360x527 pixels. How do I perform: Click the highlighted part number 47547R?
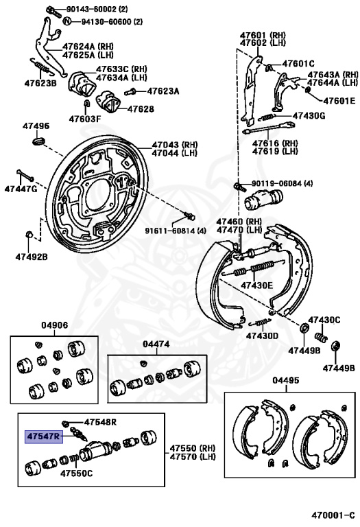pos(44,436)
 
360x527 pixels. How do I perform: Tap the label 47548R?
pos(100,422)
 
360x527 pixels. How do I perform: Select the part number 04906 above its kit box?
pos(54,325)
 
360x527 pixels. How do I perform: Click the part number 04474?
pos(156,344)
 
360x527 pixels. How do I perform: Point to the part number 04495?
pos(286,380)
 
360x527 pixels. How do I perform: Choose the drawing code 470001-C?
pos(333,515)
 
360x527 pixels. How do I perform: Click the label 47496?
pos(36,126)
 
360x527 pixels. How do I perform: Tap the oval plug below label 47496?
pos(38,141)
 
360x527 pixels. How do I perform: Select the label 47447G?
pos(21,189)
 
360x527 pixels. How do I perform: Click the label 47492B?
pos(32,257)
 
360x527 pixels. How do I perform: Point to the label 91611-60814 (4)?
pos(176,231)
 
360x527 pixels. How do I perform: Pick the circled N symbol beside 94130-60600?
pos(67,21)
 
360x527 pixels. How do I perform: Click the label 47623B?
pos(40,82)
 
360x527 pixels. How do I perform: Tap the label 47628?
pos(141,109)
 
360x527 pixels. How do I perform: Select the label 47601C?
pos(298,64)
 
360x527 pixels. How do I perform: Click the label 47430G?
pos(309,116)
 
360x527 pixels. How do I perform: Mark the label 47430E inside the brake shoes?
pos(257,285)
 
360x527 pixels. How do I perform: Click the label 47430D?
pos(262,336)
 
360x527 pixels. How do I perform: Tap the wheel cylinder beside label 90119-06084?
pos(263,199)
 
